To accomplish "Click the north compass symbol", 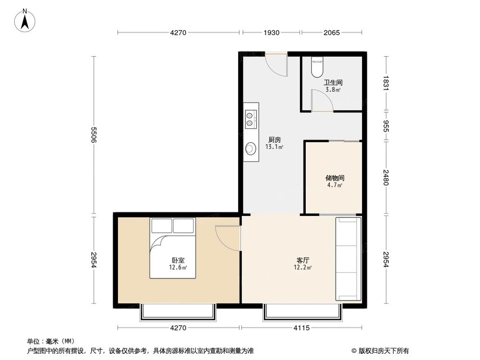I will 25,21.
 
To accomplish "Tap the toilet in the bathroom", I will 317,68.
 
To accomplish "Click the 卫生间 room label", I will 333,83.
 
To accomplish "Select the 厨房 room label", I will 275,140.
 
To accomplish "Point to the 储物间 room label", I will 334,178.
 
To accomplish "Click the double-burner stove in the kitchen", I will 250,119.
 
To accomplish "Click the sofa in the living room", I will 348,259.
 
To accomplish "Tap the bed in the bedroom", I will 173,248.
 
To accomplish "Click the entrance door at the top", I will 276,65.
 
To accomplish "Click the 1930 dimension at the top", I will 271,33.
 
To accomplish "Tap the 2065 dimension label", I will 332,33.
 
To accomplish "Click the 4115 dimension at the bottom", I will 302,328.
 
